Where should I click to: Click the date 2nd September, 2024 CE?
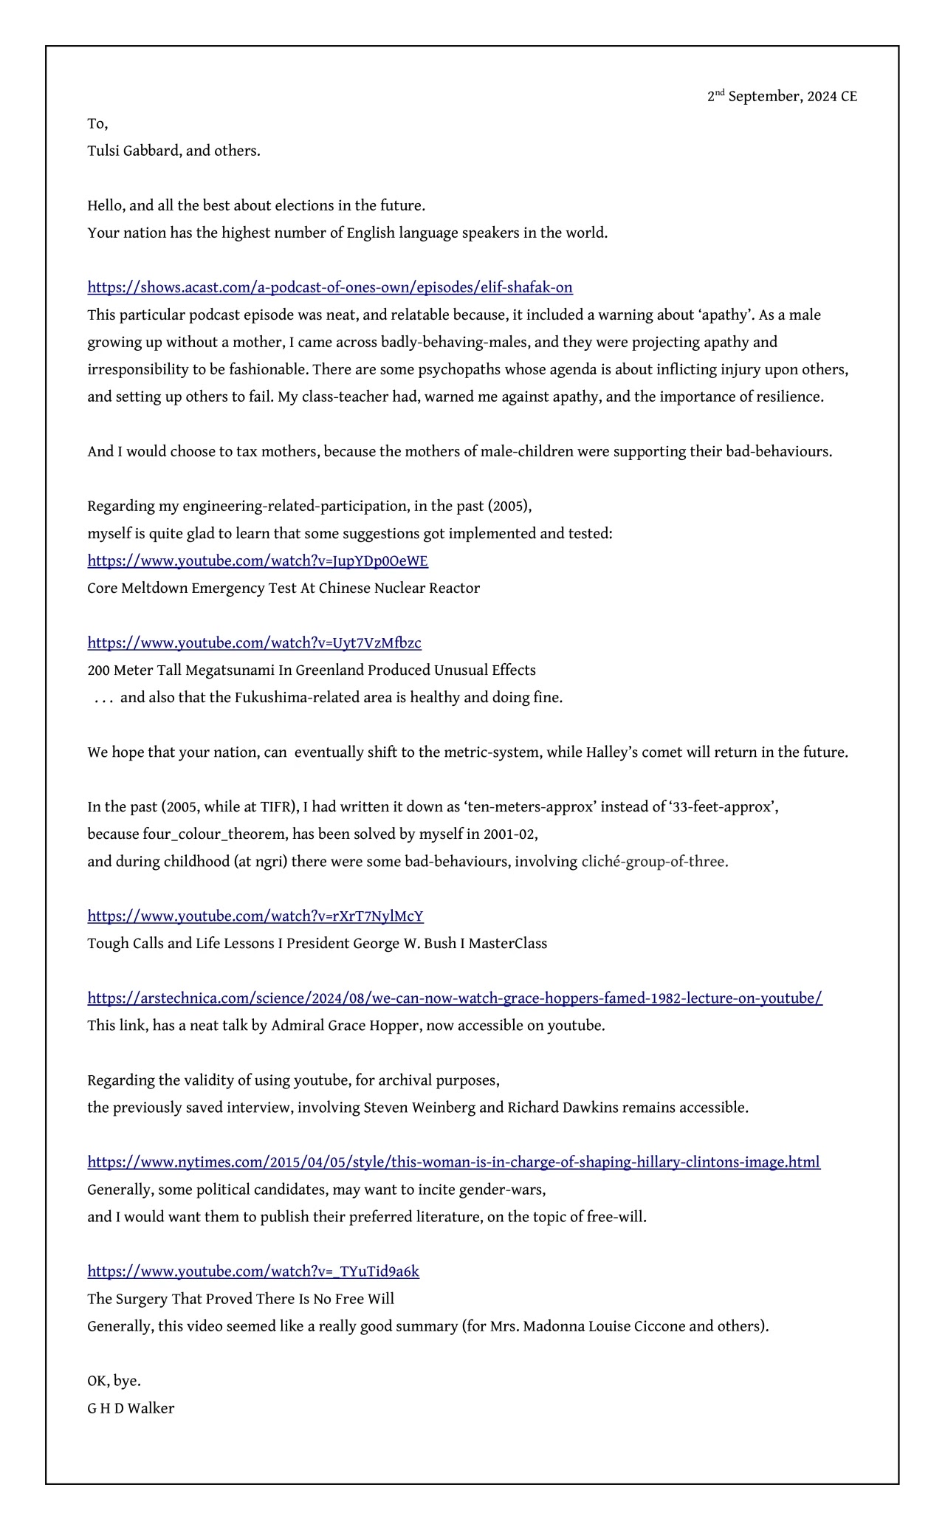(782, 97)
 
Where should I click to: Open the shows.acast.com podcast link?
(330, 287)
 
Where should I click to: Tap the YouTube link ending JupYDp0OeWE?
(258, 561)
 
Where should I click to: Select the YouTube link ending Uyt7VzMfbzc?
(254, 643)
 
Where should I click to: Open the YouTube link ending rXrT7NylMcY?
(255, 916)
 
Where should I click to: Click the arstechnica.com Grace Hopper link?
(455, 998)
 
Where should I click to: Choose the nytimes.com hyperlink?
(453, 1162)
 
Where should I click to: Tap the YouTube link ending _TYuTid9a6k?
(253, 1272)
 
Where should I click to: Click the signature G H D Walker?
(131, 1408)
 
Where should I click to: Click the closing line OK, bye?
(114, 1381)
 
